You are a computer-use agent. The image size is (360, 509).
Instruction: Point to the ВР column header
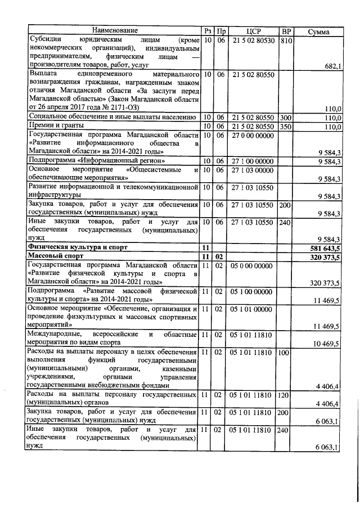(x=286, y=30)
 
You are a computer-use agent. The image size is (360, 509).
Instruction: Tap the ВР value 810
(x=286, y=40)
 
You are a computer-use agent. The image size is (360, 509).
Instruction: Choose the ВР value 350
(x=285, y=127)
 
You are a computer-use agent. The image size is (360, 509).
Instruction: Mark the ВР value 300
(x=285, y=117)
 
